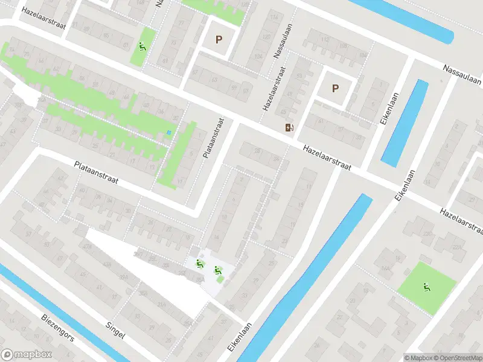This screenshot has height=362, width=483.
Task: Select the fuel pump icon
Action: pos(290,127)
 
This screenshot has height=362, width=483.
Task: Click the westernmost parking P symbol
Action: pos(219,40)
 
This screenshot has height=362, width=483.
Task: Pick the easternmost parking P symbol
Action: pos(335,88)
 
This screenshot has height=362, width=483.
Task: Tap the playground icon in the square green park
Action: pos(427,288)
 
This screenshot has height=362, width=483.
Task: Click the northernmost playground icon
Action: pos(142,46)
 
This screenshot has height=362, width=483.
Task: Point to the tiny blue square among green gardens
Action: pos(169,133)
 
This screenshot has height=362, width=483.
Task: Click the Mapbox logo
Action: pos(27,355)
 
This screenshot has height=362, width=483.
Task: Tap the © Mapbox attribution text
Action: pos(418,357)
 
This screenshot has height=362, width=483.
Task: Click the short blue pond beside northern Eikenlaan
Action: pos(405,124)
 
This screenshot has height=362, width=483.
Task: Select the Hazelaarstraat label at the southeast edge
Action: pos(462,220)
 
